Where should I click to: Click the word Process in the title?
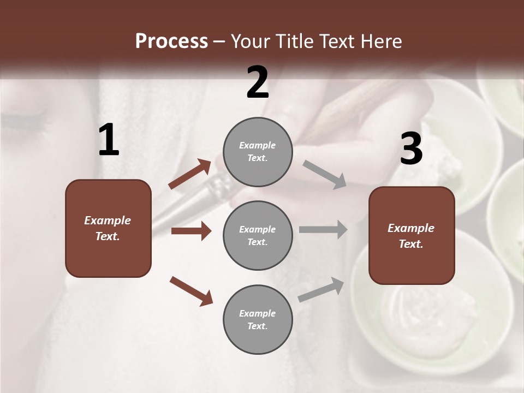click(x=171, y=41)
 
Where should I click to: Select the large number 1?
click(x=109, y=140)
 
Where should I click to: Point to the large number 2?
click(x=258, y=82)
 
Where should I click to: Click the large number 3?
click(x=411, y=149)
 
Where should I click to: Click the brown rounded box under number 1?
click(x=108, y=228)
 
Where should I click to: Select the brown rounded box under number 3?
click(x=412, y=236)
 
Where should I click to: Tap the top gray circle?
click(x=258, y=152)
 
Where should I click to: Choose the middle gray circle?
click(x=258, y=235)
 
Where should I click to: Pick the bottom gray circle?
click(x=258, y=319)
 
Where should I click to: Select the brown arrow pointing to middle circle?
click(x=191, y=231)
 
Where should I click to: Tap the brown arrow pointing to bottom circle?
click(x=191, y=290)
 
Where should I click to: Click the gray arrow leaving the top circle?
click(x=324, y=174)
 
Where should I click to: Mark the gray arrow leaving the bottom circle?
click(x=321, y=290)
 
